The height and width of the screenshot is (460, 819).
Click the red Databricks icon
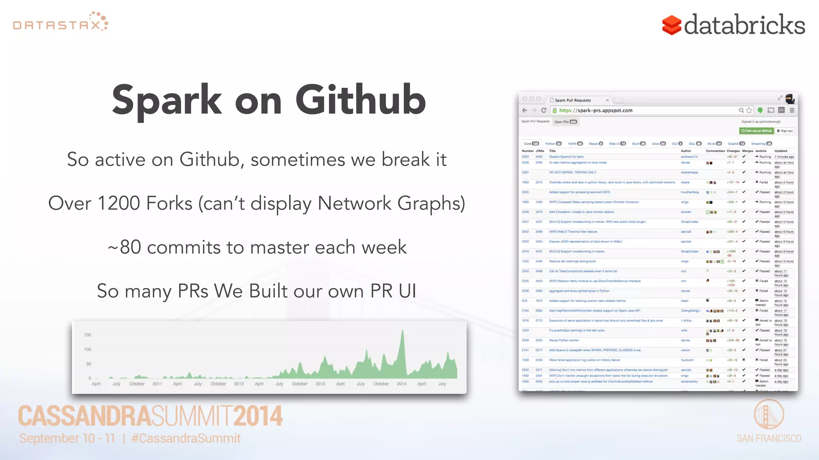pos(671,25)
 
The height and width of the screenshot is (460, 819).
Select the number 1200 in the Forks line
pos(118,203)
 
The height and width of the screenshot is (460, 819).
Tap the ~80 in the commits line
pos(124,247)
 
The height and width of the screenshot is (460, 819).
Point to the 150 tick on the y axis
pos(87,335)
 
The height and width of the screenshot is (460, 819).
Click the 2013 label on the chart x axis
pos(320,384)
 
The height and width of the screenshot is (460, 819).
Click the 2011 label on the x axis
pos(157,384)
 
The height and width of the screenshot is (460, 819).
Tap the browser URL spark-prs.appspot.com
pos(595,111)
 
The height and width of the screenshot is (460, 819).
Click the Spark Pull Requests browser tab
pos(572,100)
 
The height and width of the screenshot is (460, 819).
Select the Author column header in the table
pos(686,151)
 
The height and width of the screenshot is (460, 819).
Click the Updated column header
pos(780,151)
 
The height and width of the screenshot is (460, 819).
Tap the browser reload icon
pos(543,111)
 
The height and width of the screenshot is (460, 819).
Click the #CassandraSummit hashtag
pos(186,438)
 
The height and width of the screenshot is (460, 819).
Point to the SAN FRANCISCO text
pos(769,438)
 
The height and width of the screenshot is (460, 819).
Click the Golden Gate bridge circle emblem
pos(769,414)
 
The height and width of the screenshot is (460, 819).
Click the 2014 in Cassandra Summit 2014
pos(258,416)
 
